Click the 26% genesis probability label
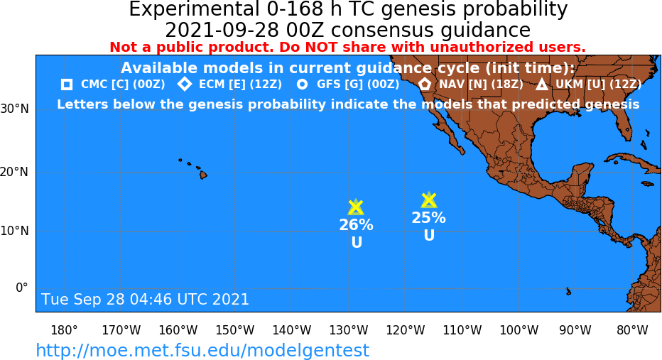tap(356, 225)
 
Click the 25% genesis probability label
tap(428, 218)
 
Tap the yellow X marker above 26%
tap(356, 207)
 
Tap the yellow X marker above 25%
tap(428, 200)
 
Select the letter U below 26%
tap(357, 242)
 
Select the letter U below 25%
tap(429, 235)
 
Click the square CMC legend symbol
tap(67, 84)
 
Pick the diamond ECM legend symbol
tap(185, 84)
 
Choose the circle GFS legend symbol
tap(303, 84)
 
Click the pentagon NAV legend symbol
tap(425, 84)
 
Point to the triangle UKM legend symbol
tap(542, 84)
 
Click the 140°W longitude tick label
tap(292, 330)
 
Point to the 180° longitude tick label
tap(64, 330)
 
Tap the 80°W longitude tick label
tap(632, 330)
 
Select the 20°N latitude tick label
tap(14, 173)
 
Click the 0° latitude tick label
tap(21, 288)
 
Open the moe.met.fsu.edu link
tap(202, 351)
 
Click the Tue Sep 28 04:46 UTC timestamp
tap(145, 300)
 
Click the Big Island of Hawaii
tap(203, 174)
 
